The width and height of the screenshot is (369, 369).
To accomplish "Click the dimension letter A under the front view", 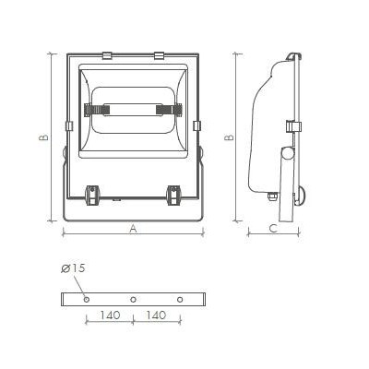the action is point(133,229).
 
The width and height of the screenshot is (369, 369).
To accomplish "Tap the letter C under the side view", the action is point(273,229).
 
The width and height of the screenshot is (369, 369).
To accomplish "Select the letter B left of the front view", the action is point(43,137).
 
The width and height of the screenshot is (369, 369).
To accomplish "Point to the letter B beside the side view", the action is point(229,137).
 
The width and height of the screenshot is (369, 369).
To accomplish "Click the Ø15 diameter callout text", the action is point(73,268).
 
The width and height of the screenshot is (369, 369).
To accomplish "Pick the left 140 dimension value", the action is point(110,315).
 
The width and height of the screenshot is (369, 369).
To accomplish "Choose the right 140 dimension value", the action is point(156,315).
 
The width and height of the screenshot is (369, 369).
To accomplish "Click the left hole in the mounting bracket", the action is point(87,299).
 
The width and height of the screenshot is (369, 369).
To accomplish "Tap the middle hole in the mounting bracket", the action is point(133,299).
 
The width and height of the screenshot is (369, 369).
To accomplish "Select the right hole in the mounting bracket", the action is point(180,299).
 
